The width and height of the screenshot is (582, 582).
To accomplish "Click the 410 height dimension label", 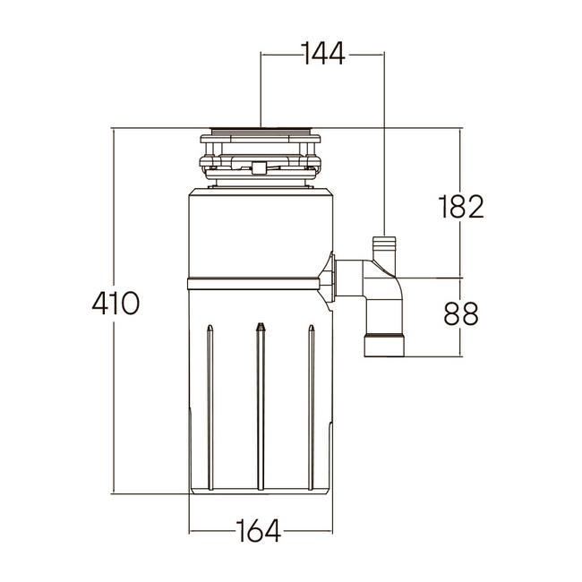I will [x=116, y=304].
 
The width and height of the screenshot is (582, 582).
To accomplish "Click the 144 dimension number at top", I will [x=322, y=55].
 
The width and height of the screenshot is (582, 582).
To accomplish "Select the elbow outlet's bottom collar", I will [x=385, y=346].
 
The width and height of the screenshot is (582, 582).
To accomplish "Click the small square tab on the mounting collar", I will [x=260, y=167].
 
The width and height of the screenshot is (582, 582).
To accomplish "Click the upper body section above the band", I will [x=260, y=233].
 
